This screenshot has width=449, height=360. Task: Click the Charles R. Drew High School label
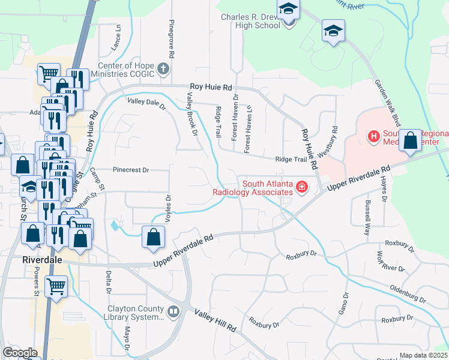click(250, 21)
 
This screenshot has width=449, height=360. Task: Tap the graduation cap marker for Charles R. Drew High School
click(289, 11)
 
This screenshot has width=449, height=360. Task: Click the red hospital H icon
click(374, 136)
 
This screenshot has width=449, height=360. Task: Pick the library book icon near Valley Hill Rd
click(173, 311)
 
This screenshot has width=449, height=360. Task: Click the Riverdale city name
click(43, 260)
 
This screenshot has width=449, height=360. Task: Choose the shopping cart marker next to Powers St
click(56, 286)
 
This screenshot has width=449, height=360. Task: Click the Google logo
click(20, 352)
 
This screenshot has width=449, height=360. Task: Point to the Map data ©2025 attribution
click(423, 355)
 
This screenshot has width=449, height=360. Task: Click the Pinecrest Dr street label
click(129, 170)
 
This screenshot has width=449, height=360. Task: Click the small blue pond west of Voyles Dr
click(115, 226)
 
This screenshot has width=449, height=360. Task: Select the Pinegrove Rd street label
click(172, 39)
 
